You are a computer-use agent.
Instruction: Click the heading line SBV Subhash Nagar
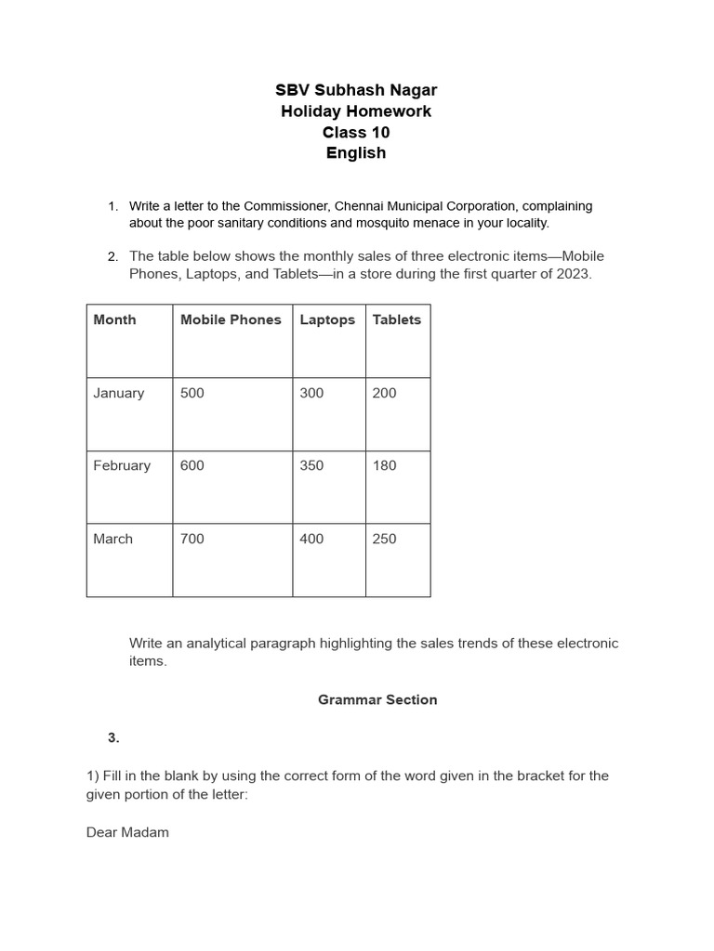click(356, 90)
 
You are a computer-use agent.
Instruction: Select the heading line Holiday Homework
click(356, 111)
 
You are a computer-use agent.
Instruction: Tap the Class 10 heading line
click(356, 133)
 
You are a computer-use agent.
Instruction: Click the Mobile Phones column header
click(231, 319)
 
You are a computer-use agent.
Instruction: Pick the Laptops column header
click(327, 319)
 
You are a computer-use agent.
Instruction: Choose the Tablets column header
click(397, 319)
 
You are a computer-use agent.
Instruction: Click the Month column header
click(114, 319)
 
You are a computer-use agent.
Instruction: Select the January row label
click(119, 393)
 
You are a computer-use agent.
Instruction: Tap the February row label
click(122, 465)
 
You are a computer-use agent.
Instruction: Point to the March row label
click(112, 539)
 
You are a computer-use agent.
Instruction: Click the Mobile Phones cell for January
click(192, 393)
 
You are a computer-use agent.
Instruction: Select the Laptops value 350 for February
click(311, 465)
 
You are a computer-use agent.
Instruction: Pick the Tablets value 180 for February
click(384, 465)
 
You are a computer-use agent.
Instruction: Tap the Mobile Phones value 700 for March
click(192, 539)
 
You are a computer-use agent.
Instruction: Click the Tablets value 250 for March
click(384, 539)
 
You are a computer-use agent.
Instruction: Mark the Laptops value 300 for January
click(311, 393)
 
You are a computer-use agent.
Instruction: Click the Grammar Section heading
click(377, 699)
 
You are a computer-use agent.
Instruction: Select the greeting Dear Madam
click(127, 832)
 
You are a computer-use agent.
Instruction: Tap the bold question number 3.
click(113, 737)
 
